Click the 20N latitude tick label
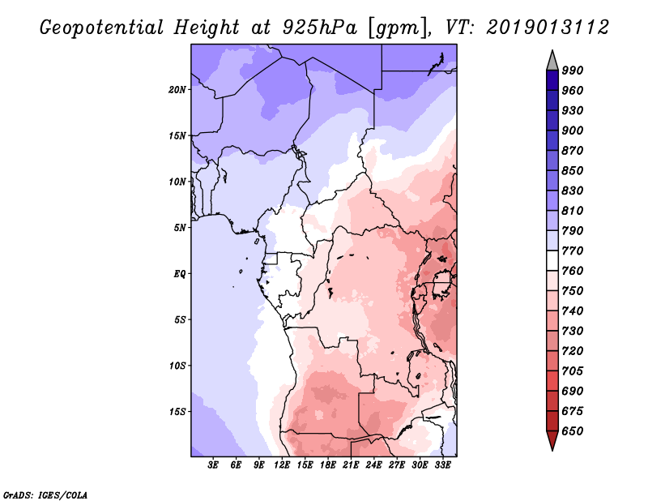(x=177, y=89)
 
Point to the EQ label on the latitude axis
(x=179, y=273)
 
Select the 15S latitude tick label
(x=177, y=411)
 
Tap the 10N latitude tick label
(x=177, y=182)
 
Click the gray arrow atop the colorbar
(x=552, y=60)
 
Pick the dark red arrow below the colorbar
(x=552, y=441)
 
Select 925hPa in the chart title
(x=312, y=28)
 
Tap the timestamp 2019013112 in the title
(x=548, y=28)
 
